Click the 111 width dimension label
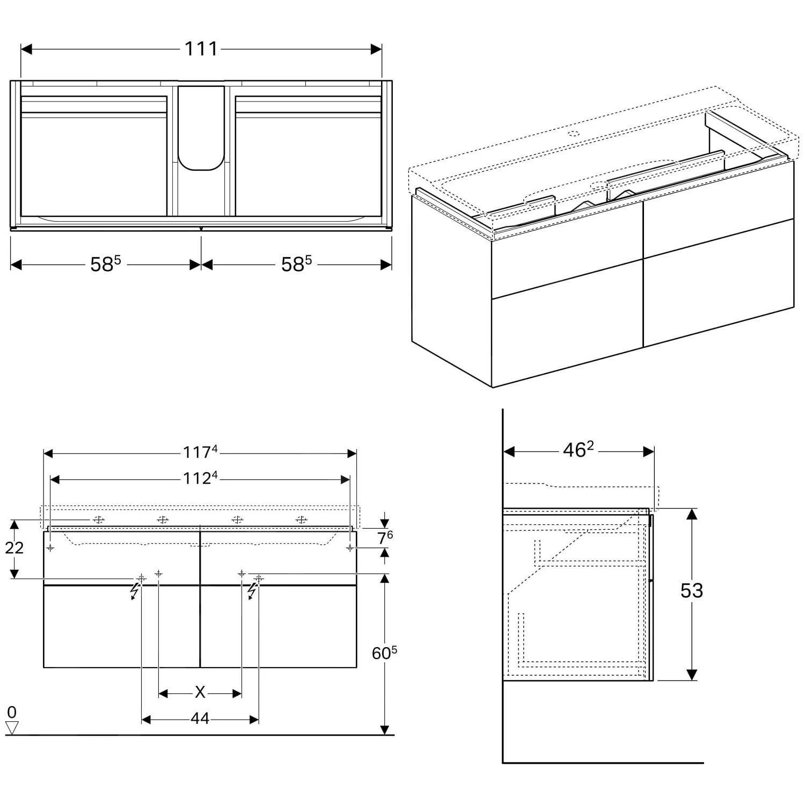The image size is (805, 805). click(201, 49)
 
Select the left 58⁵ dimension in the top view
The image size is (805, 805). click(105, 264)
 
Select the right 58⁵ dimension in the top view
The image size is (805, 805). click(296, 264)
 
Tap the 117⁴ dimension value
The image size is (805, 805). click(200, 452)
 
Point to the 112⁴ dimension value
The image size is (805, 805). click(200, 478)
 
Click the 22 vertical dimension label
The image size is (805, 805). click(14, 547)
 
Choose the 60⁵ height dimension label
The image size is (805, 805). click(384, 653)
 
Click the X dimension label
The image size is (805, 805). click(200, 693)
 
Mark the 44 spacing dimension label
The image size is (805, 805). click(200, 719)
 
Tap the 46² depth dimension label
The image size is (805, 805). click(578, 451)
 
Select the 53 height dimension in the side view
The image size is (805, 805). click(691, 591)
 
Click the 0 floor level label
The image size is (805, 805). click(12, 712)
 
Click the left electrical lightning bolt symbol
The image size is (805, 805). click(135, 591)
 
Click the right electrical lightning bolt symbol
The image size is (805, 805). click(251, 591)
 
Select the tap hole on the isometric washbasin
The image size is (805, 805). click(573, 133)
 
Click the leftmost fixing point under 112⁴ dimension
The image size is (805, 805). click(50, 547)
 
